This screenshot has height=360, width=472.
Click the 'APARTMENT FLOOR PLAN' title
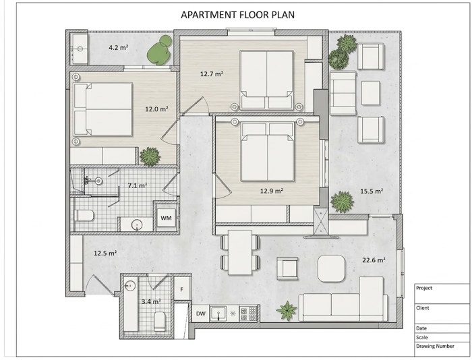(237, 14)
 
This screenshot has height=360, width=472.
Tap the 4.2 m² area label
(119, 47)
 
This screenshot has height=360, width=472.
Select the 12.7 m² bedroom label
(212, 73)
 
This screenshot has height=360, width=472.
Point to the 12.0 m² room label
(156, 109)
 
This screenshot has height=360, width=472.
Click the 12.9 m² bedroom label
(272, 191)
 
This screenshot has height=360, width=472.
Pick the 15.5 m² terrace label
(372, 191)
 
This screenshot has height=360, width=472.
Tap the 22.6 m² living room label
(374, 260)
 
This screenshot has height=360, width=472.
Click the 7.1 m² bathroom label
(138, 185)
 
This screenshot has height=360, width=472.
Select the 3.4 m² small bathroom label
(151, 301)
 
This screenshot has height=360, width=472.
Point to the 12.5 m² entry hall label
(105, 253)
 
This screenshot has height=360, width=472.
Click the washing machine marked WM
(166, 218)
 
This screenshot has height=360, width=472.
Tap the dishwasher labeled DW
(201, 313)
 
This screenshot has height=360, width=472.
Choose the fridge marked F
(182, 289)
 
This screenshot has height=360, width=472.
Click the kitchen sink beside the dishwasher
(218, 313)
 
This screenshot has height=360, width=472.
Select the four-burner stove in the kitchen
(248, 313)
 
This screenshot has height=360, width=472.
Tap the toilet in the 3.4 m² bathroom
(160, 321)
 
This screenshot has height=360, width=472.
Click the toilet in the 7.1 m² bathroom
(84, 216)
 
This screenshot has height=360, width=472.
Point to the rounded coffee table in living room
(331, 268)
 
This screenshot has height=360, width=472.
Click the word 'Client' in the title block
(422, 308)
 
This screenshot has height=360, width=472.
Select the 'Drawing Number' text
(435, 346)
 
